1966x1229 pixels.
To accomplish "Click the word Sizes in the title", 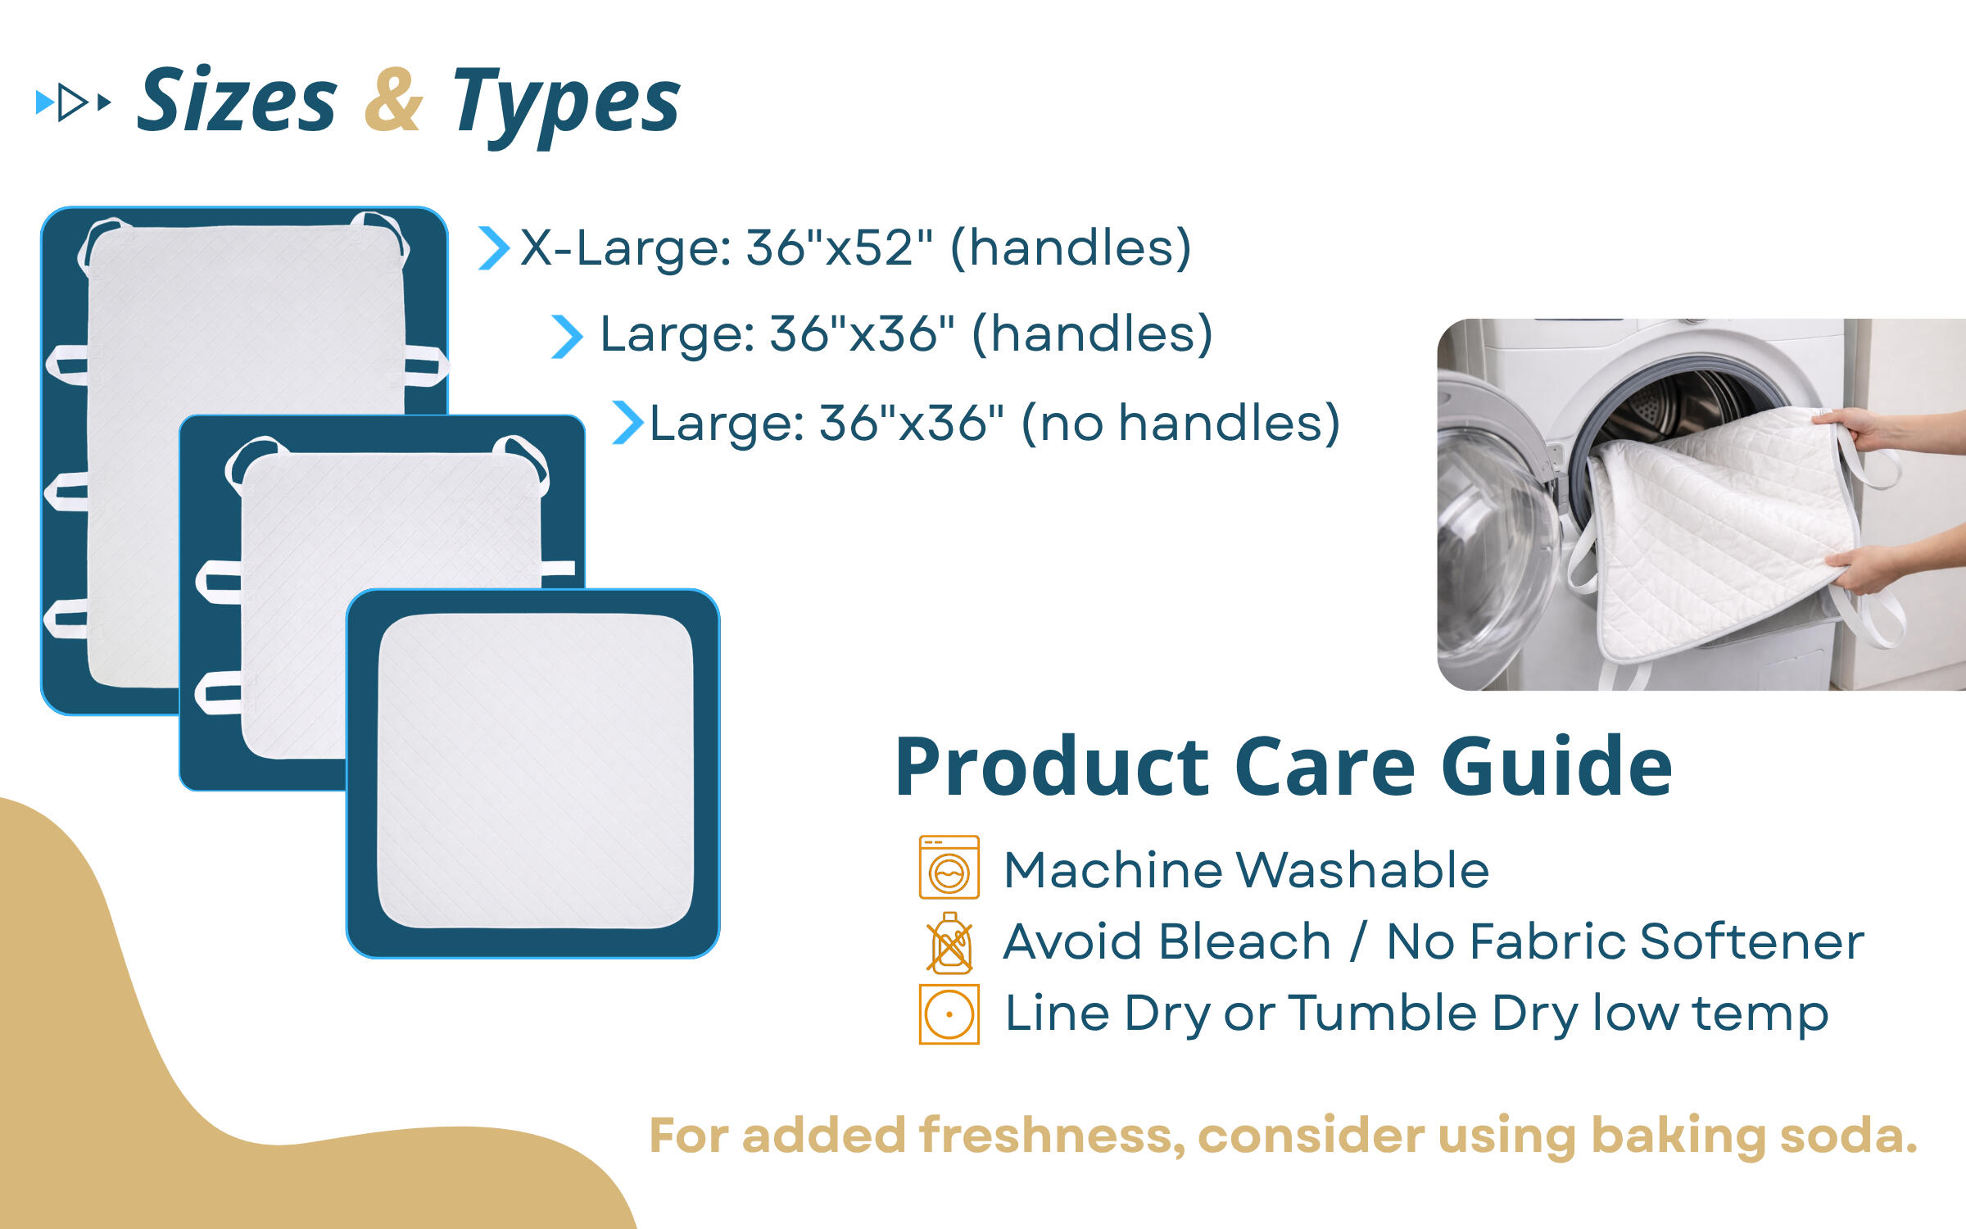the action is coord(237,100).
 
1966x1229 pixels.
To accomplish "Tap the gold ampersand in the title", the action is coord(393,100).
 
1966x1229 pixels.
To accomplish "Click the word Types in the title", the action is coord(566,105).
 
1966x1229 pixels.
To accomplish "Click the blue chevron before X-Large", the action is coord(494,248).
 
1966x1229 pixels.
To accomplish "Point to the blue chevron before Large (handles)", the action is coord(567,337).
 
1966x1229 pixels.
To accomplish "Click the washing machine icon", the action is coord(949,867).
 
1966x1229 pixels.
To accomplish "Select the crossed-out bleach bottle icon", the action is coord(949,942).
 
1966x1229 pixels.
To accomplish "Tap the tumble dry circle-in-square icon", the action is coord(949,1014).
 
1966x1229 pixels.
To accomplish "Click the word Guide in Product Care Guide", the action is coord(1556,767).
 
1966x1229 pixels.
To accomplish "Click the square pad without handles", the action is coord(533,773).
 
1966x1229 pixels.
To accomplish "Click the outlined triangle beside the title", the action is coord(72,102).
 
